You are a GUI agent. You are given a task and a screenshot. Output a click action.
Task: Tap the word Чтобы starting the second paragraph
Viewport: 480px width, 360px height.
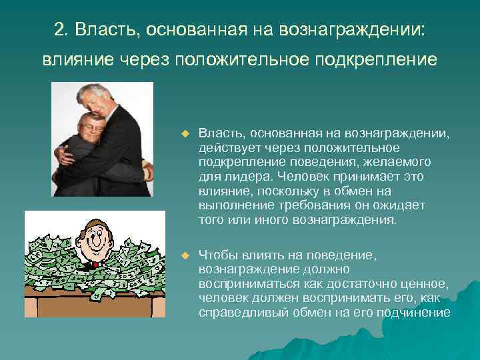[221, 256]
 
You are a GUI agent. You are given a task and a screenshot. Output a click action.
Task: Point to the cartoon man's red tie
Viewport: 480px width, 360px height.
[95, 265]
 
